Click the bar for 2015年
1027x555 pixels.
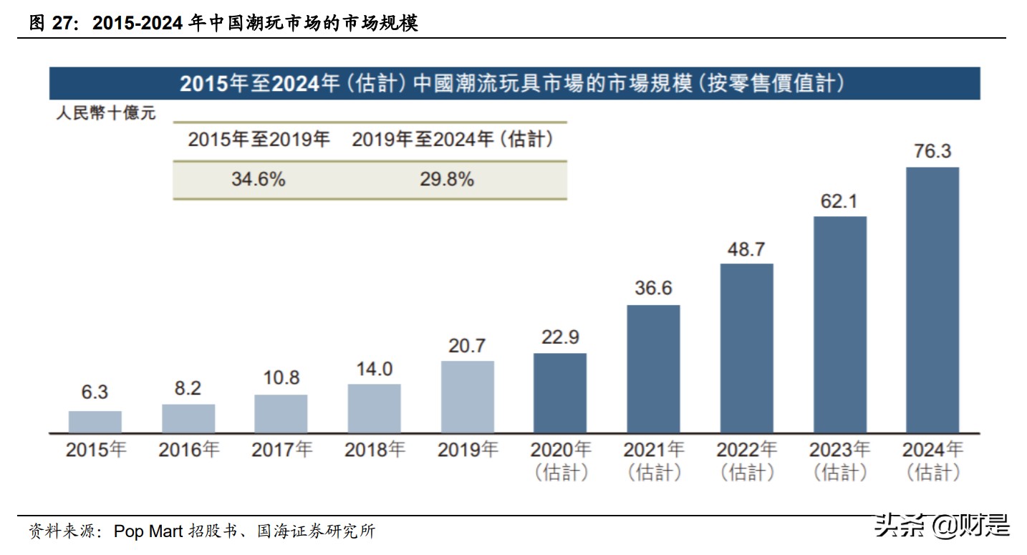(95, 422)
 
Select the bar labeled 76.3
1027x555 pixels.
(932, 300)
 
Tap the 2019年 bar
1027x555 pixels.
(467, 397)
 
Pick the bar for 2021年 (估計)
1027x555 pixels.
(653, 369)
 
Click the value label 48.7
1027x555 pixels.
(746, 249)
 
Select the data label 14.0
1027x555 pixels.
(375, 369)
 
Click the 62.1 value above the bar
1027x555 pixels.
(839, 201)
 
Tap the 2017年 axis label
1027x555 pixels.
(281, 450)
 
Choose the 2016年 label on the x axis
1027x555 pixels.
(188, 450)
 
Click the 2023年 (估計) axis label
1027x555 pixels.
(839, 460)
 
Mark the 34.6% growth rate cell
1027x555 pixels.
(258, 179)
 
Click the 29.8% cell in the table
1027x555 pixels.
(446, 179)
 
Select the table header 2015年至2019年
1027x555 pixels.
(259, 140)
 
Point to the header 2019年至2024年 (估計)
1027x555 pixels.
(453, 140)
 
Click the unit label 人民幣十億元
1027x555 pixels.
(105, 113)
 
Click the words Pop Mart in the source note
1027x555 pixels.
(148, 531)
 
